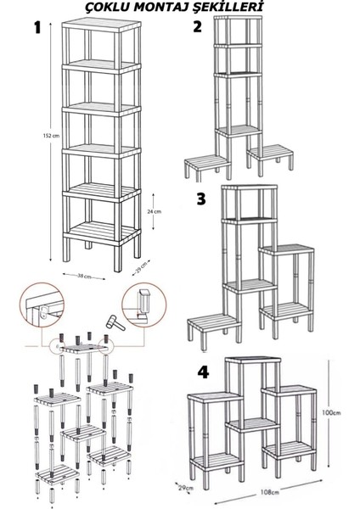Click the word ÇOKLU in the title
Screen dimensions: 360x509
pyautogui.click(x=108, y=7)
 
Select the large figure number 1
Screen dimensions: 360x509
pyautogui.click(x=37, y=28)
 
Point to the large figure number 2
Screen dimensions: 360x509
pyautogui.click(x=197, y=26)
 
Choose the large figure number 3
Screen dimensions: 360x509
pyautogui.click(x=201, y=199)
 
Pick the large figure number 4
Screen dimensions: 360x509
pyautogui.click(x=203, y=372)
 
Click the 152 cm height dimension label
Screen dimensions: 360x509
pyautogui.click(x=51, y=136)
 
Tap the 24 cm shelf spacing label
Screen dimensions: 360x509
pyautogui.click(x=154, y=211)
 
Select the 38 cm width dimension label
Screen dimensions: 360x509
pyautogui.click(x=84, y=276)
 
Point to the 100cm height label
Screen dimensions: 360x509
pyautogui.click(x=331, y=413)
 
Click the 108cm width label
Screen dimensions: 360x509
pyautogui.click(x=270, y=492)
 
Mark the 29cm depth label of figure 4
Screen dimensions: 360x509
pyautogui.click(x=186, y=488)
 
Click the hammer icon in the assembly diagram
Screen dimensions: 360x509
pyautogui.click(x=115, y=322)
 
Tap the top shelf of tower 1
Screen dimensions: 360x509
pyautogui.click(x=101, y=25)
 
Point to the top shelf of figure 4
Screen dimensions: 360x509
pyautogui.click(x=253, y=360)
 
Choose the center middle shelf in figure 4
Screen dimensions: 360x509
pyautogui.click(x=253, y=425)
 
